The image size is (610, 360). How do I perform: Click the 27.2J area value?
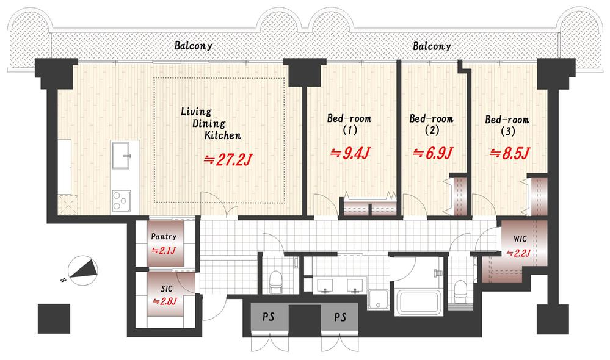(229, 159)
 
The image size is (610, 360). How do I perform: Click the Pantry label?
(164, 236)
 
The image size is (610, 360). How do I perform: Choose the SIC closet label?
(167, 289)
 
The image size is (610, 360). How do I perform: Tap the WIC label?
(520, 239)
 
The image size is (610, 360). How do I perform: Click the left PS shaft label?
(269, 317)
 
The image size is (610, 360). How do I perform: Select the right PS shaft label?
(340, 317)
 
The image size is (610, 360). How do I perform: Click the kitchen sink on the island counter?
(121, 155)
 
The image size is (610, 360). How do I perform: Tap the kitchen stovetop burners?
(121, 201)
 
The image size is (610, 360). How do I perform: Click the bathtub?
(418, 303)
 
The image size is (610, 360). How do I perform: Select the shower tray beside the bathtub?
(379, 300)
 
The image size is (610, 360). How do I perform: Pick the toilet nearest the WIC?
(460, 290)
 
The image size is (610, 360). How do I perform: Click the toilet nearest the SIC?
(276, 282)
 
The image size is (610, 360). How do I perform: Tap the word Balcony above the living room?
(194, 46)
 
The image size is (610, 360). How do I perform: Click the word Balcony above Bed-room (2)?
(432, 46)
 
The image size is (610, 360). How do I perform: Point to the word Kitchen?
(223, 135)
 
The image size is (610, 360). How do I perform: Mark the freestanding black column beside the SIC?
(54, 319)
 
